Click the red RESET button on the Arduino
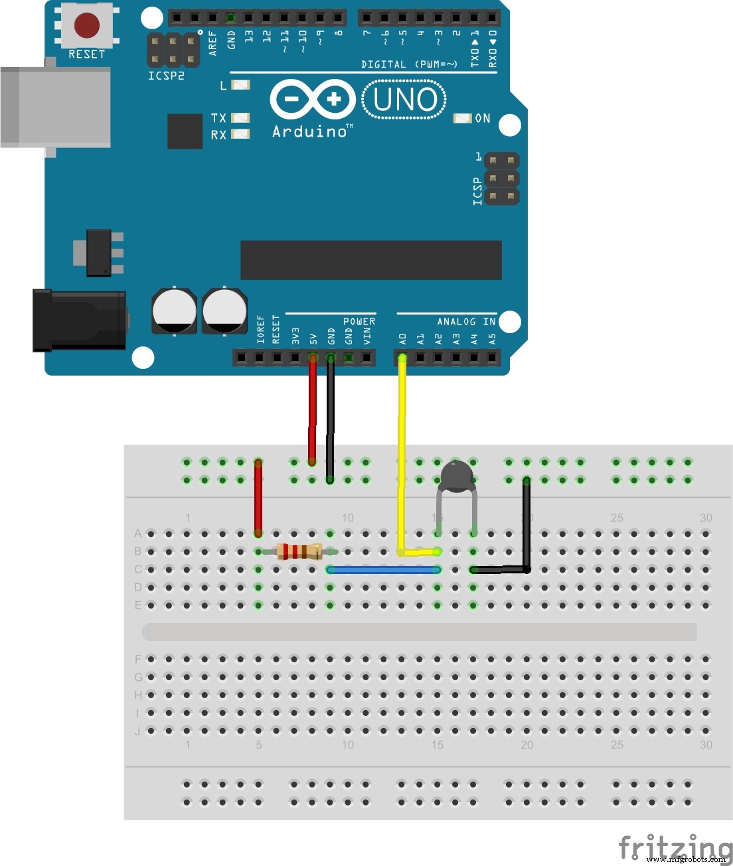pos(87,26)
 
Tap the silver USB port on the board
pos(56,107)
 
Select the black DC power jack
pos(80,321)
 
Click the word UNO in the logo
pos(404,100)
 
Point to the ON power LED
pos(462,118)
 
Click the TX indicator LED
pos(240,117)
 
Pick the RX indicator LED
pos(240,134)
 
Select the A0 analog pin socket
pos(402,358)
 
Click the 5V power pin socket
pos(312,358)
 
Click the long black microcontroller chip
pos(370,260)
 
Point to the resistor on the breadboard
pos(299,551)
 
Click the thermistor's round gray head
pos(457,476)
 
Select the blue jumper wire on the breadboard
pos(384,569)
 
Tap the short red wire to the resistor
pos(258,498)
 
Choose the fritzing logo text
pos(675,847)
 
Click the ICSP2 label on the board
pos(166,76)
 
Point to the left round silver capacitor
pos(174,311)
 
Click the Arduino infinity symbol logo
pos(312,100)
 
